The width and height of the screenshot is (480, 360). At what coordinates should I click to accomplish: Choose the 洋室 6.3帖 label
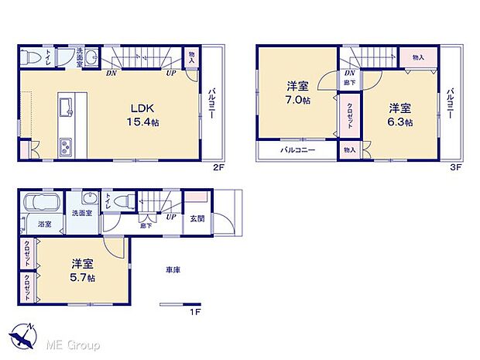399,115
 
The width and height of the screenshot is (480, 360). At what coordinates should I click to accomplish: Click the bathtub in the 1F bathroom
42,204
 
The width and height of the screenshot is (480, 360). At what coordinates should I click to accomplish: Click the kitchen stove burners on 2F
64,144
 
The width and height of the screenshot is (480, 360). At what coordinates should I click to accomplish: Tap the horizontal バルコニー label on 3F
297,149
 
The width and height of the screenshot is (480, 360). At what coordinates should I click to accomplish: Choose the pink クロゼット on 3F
349,117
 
